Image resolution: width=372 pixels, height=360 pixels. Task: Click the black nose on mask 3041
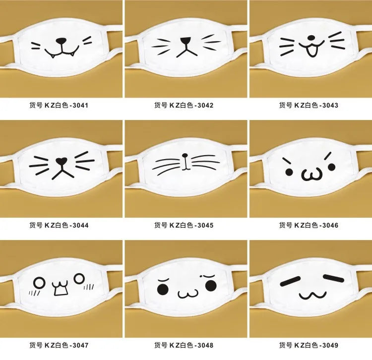pos(61,41)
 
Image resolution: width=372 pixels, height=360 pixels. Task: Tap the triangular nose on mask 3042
pos(186,40)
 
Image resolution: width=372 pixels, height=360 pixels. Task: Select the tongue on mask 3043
pos(311,51)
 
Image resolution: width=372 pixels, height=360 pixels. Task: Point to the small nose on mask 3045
pos(185,156)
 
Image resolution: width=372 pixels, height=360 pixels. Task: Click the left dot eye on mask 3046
pos(289,172)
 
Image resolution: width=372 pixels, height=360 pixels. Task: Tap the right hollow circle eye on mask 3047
pos(79,279)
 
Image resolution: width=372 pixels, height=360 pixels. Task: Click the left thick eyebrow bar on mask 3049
pos(291,281)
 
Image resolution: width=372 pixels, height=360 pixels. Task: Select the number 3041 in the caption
pos(80,105)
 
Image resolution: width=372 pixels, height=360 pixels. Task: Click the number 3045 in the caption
pos(205,225)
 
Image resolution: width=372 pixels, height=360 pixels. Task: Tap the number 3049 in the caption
pos(330,345)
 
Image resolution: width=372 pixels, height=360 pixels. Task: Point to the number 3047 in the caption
pos(80,345)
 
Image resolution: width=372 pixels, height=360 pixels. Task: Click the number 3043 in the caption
pos(330,105)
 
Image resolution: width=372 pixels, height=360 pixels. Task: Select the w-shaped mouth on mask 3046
pos(312,175)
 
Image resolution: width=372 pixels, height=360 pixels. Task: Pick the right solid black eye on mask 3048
pos(211,285)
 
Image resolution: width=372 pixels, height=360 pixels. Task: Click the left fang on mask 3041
pos(53,57)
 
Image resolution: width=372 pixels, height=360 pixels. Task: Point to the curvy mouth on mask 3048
pos(188,294)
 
